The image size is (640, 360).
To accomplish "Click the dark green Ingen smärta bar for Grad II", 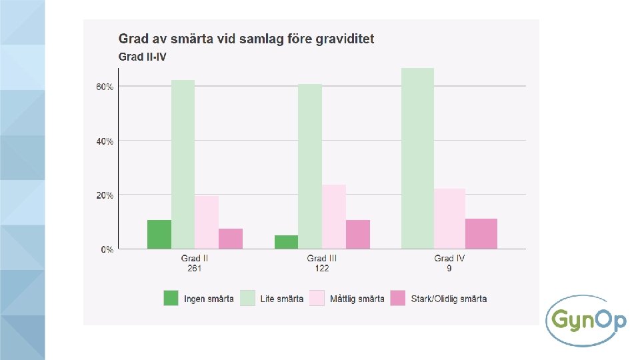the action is [x=159, y=234].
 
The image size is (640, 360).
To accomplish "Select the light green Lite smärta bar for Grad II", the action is [x=183, y=164].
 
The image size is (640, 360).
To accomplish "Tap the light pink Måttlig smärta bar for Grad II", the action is [x=207, y=222].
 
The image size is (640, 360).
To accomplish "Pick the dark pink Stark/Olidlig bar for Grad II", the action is [x=231, y=239].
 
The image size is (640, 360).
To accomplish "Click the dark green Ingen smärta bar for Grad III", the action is [x=286, y=242].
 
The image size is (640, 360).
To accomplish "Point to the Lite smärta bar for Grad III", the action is [x=310, y=166].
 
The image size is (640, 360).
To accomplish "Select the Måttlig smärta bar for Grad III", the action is [x=334, y=217].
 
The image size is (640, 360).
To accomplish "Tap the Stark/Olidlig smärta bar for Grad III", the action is [x=358, y=234].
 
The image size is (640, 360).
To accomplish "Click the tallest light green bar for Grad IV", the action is [x=417, y=159].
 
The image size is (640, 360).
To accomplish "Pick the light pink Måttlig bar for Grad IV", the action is [x=449, y=219].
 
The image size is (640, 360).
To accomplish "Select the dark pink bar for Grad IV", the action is [x=481, y=233].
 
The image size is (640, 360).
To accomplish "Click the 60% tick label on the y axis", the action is [x=105, y=87].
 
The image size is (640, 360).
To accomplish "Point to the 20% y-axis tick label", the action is [x=105, y=195].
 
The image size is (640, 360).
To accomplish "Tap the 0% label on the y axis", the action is [x=107, y=249].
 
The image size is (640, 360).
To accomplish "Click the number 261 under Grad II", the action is [x=195, y=268].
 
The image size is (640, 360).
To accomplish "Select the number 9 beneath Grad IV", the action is [x=449, y=268].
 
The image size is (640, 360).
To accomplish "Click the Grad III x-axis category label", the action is [x=321, y=258].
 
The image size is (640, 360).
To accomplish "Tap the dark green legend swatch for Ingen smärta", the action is [x=171, y=298].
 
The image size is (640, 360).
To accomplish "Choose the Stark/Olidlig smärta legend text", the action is [x=449, y=299].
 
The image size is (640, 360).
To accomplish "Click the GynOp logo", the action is [x=586, y=321].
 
